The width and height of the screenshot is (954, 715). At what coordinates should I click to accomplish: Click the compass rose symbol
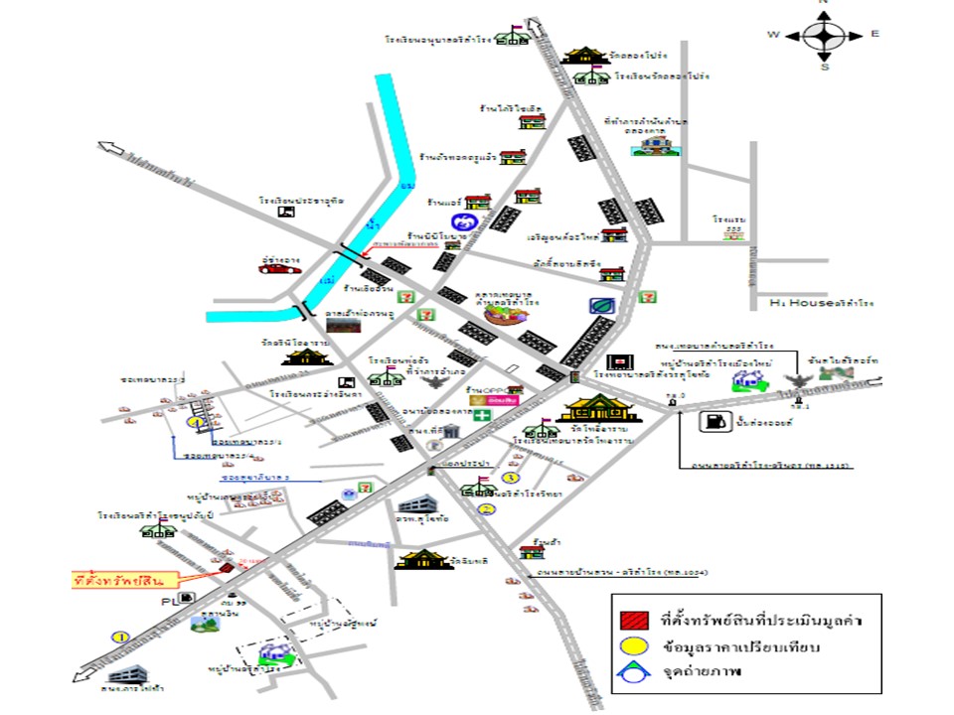point(824,36)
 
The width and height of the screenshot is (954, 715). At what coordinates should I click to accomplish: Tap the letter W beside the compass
point(773,35)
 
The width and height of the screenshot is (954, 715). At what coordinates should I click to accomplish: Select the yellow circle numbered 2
point(487,509)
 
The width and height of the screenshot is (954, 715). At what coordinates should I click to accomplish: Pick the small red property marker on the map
point(227,567)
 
